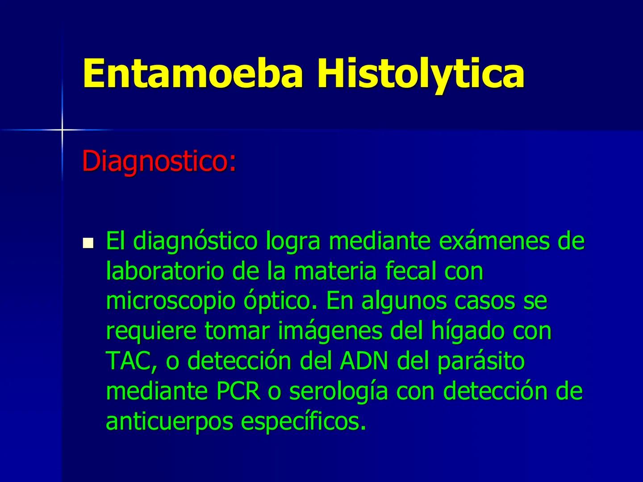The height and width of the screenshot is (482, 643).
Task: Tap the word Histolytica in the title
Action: (421, 74)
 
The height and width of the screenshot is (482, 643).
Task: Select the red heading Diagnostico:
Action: (159, 162)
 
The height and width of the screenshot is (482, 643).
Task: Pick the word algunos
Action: (404, 302)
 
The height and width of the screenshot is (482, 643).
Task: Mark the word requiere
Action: (151, 332)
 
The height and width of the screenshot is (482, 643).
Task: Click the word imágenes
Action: (330, 332)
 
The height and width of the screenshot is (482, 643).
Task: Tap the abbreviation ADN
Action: (364, 361)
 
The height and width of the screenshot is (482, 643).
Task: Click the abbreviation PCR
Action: (238, 391)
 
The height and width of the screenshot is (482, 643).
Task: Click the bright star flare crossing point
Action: (62, 129)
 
